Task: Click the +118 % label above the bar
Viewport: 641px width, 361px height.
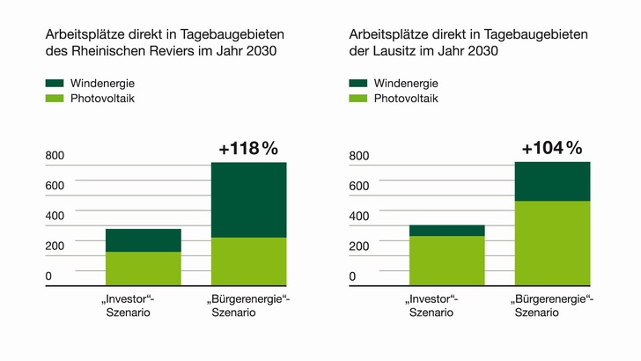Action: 248,148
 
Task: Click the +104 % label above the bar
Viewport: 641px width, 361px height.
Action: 551,148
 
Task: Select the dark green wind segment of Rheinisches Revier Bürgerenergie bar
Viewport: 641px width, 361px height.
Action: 248,200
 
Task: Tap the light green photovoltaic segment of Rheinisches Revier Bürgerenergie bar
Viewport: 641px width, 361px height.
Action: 248,261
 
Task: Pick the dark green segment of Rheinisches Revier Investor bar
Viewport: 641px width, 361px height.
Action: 143,240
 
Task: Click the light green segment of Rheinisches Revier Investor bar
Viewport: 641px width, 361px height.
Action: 143,268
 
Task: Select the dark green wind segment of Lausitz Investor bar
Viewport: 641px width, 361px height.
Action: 446,231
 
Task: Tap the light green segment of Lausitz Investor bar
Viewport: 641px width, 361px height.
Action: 446,260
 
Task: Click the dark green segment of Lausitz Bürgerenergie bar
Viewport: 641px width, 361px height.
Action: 552,181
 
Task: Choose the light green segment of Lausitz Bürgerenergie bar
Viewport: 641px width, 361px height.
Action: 552,242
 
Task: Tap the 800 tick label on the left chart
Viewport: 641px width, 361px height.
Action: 55,157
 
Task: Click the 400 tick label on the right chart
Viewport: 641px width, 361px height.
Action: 358,217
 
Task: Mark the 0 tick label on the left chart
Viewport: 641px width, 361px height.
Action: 48,276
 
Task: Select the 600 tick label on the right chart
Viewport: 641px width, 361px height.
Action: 358,187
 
